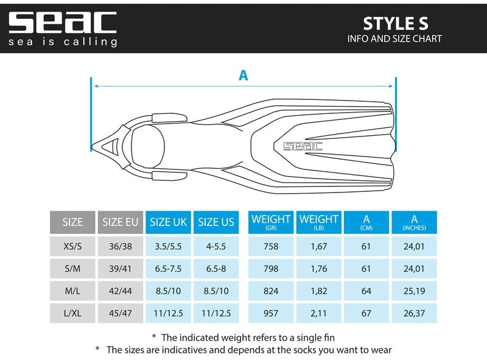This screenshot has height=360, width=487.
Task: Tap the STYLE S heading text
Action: coord(395,23)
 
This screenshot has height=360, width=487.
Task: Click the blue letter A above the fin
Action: coord(243,76)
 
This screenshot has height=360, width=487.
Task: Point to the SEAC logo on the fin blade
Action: coord(303,146)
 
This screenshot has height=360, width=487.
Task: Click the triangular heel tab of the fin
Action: coord(110,146)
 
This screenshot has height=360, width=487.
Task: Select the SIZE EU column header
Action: coord(121,222)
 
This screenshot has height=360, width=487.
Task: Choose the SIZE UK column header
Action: coord(168,222)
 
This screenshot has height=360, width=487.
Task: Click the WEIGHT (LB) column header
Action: coord(319,222)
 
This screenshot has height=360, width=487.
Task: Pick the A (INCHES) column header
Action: coord(414,222)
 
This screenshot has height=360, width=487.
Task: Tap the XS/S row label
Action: coord(72,247)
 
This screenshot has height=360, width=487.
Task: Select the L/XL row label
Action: coord(72,313)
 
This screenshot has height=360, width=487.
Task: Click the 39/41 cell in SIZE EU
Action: coord(121,269)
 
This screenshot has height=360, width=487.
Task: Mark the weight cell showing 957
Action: coord(271,313)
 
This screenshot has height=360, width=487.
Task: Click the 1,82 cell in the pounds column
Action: coord(319,291)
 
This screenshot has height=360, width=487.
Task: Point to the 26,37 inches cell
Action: coord(414,313)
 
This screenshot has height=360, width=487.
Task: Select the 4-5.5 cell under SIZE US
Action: coord(215,247)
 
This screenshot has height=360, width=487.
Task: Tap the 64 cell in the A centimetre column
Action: coord(366,291)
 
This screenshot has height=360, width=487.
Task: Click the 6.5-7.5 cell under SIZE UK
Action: coord(168,269)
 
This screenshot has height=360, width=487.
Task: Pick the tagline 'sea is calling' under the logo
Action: coord(63,42)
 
